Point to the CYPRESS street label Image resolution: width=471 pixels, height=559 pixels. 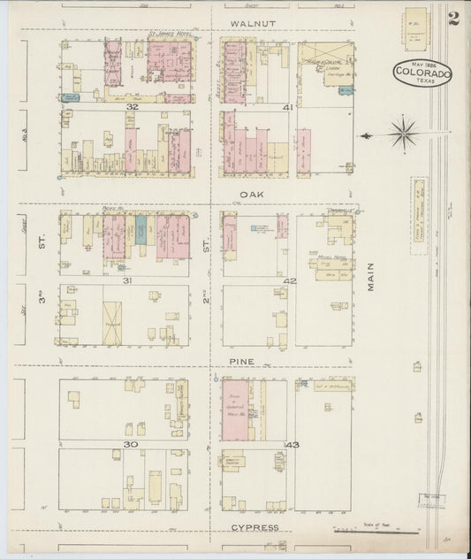254,527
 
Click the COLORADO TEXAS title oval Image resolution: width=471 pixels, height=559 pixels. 422,74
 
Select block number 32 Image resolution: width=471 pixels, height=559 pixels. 132,107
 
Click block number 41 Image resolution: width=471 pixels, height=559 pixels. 287,107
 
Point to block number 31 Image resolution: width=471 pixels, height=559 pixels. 128,281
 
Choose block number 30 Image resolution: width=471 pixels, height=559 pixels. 130,445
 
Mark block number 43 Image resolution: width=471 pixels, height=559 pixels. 291,445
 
